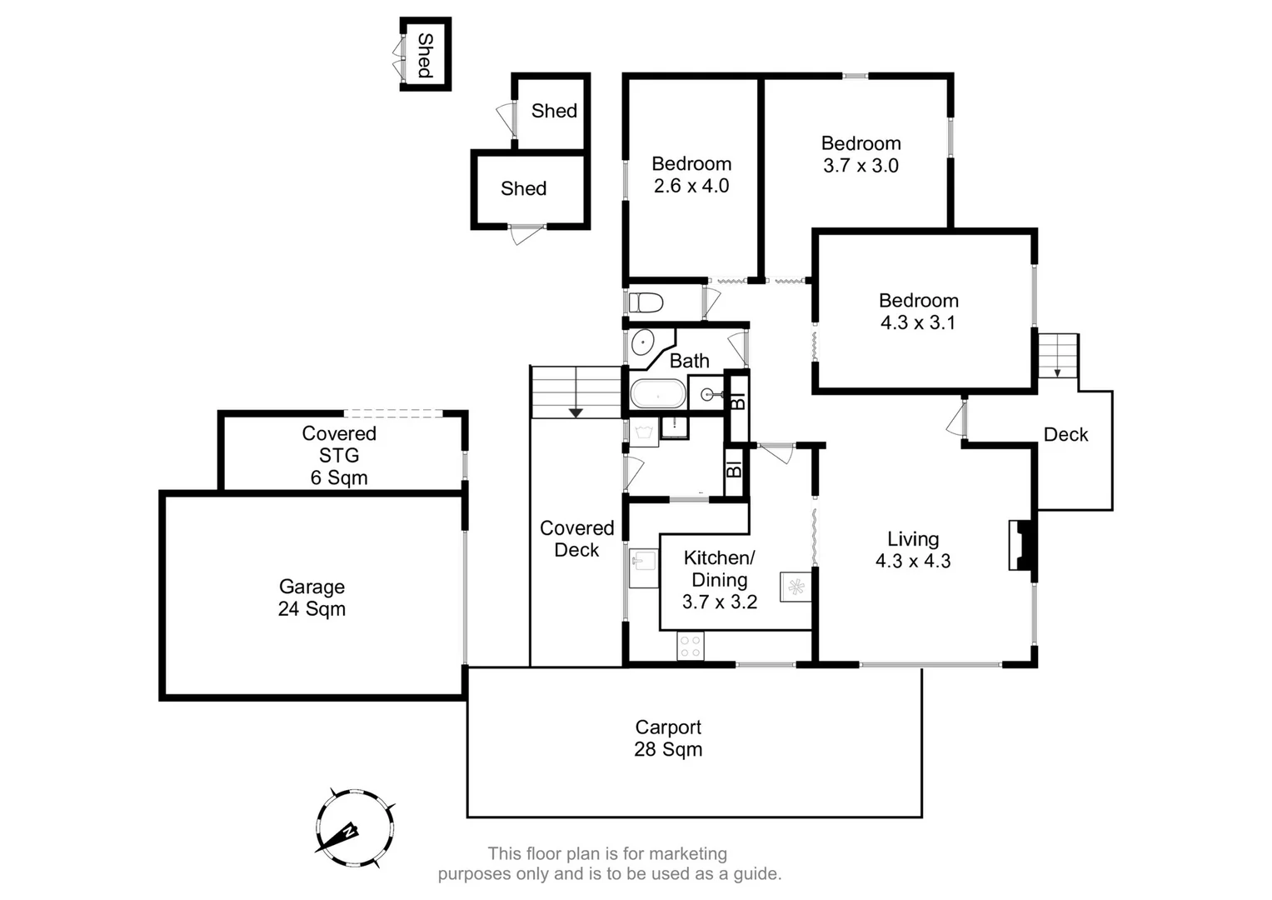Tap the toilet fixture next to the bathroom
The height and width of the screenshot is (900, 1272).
[645, 302]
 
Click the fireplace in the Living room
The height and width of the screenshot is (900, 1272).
[1022, 546]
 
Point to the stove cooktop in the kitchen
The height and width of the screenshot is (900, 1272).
[691, 646]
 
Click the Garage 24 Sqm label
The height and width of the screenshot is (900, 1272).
[312, 597]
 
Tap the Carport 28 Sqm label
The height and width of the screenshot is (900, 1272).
[668, 738]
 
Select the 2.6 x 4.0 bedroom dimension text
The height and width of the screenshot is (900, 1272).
[691, 186]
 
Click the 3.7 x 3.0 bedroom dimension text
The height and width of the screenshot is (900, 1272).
[860, 166]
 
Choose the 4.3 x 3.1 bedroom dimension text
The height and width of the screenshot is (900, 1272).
[918, 322]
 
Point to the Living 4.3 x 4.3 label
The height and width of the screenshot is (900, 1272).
[913, 550]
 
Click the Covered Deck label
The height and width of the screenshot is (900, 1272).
[576, 539]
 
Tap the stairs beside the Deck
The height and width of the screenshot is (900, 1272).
[1058, 355]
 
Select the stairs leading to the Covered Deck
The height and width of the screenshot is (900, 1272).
[576, 392]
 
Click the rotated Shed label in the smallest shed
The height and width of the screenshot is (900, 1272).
[426, 55]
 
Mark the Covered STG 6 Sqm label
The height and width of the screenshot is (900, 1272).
[339, 455]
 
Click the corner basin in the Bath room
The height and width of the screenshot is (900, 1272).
[643, 342]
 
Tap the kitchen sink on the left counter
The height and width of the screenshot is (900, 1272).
[642, 567]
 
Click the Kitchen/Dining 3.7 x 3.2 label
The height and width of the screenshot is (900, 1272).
[720, 580]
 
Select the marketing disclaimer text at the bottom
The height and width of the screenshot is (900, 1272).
[609, 864]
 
